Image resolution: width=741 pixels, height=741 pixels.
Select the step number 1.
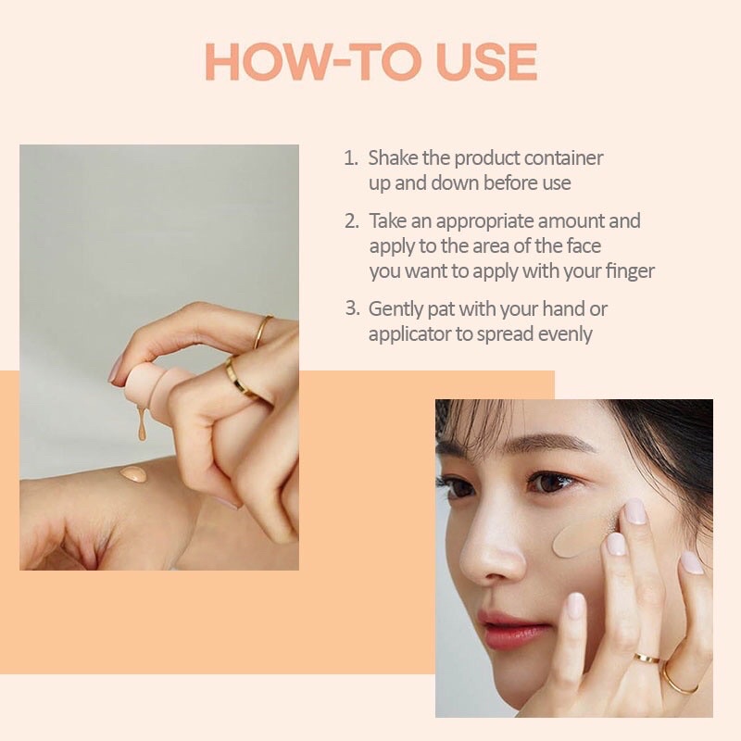pyautogui.click(x=350, y=158)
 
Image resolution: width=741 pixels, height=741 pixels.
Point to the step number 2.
pyautogui.click(x=350, y=221)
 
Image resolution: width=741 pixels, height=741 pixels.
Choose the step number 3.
pyautogui.click(x=350, y=309)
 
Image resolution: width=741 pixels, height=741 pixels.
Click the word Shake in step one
pyautogui.click(x=393, y=158)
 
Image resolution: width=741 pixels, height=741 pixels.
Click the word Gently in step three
pyautogui.click(x=396, y=309)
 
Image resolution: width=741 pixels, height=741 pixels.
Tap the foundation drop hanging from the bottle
pyautogui.click(x=142, y=427)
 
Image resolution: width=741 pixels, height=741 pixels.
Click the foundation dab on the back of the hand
pyautogui.click(x=133, y=474)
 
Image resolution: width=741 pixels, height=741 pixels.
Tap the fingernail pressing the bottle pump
pyautogui.click(x=115, y=371)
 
